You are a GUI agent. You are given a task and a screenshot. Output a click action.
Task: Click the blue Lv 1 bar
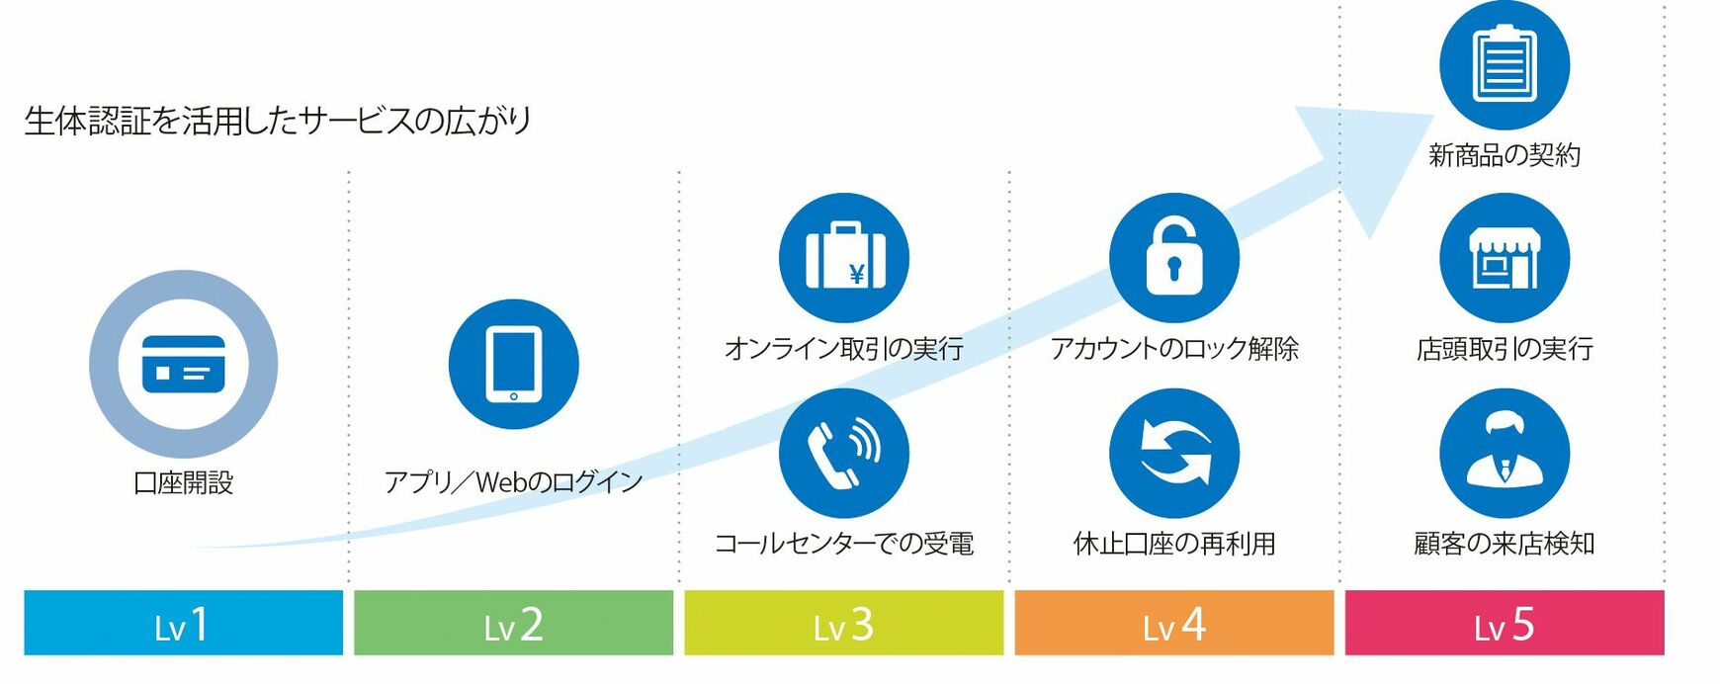click(183, 623)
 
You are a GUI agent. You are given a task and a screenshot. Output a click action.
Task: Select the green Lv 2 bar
click(513, 623)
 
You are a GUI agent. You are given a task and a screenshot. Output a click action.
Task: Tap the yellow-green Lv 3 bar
click(843, 623)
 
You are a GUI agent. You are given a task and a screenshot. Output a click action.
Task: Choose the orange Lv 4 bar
click(1173, 623)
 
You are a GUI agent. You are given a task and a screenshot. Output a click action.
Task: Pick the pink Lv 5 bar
click(1504, 623)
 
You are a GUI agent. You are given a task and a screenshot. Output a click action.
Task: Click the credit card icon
click(183, 364)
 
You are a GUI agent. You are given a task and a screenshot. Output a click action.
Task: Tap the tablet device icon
click(513, 364)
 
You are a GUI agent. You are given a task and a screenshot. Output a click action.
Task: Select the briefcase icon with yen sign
click(843, 258)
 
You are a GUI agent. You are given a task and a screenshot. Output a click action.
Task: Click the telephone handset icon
click(843, 453)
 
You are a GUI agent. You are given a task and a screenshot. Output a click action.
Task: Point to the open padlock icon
click(1173, 258)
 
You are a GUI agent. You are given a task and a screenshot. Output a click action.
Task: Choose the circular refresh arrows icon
click(1173, 453)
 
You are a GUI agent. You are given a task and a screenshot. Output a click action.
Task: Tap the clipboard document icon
click(1504, 64)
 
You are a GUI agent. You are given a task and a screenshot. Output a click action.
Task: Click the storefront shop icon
click(1504, 258)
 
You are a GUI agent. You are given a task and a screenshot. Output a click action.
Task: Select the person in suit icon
click(1504, 453)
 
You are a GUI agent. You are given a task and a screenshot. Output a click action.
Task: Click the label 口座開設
click(183, 482)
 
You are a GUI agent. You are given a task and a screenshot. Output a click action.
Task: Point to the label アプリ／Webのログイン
click(513, 482)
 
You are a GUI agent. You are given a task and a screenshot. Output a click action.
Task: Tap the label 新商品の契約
click(1504, 155)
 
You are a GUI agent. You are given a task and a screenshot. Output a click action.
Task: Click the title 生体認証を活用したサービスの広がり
click(278, 121)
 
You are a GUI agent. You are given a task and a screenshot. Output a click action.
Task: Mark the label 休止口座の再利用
click(1173, 544)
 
